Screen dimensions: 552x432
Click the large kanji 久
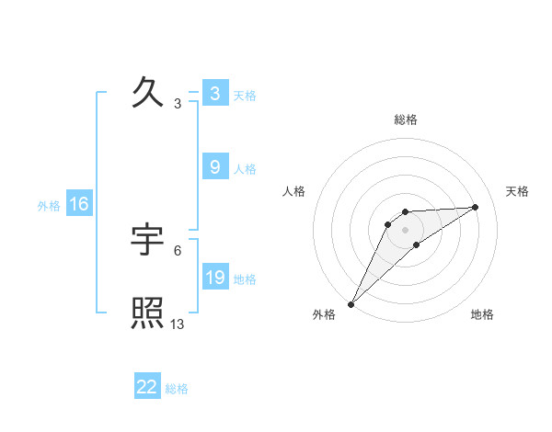(148, 93)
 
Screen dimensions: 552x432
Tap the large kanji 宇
(148, 241)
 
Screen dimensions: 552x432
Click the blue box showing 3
(214, 94)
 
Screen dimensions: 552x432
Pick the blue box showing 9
(214, 167)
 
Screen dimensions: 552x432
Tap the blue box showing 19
(214, 278)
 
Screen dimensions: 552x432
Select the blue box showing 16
(79, 204)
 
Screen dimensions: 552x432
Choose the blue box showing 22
(147, 387)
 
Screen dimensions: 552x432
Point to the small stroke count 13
(178, 324)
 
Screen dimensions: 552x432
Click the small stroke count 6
(178, 250)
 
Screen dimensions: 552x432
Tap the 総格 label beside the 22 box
(177, 389)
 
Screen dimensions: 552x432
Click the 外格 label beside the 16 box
(49, 206)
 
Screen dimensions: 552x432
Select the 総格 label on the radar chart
(406, 119)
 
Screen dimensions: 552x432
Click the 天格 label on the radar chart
(518, 191)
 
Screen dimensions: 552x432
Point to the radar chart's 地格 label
(482, 315)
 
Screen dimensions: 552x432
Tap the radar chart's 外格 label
(325, 315)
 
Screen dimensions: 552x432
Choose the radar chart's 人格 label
(294, 191)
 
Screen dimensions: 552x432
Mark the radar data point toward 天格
(476, 207)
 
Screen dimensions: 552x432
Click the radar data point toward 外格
(351, 303)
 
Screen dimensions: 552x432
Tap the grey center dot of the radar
(406, 230)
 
